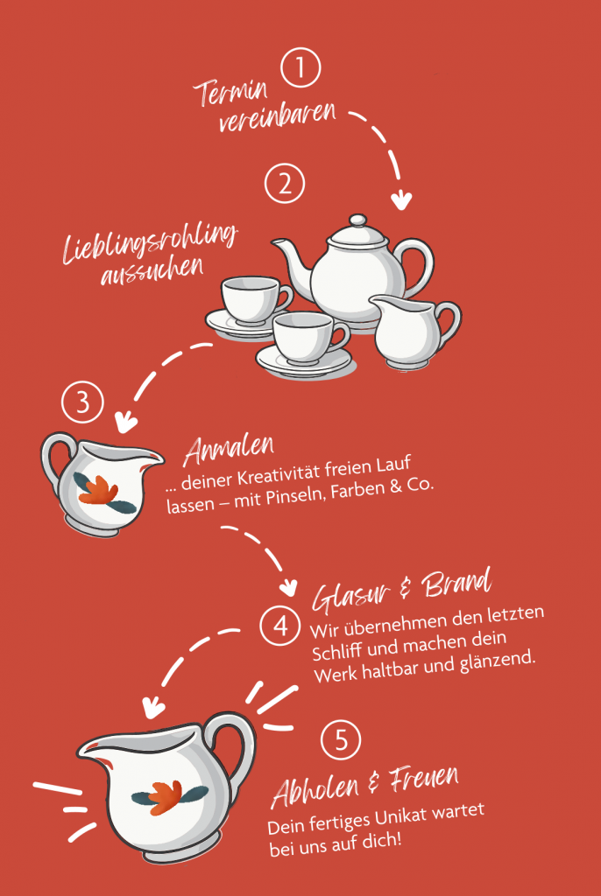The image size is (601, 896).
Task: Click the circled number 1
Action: tap(300, 67)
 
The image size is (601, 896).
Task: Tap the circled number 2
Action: tap(285, 184)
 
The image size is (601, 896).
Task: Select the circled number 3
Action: tap(82, 402)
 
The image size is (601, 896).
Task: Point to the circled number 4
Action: tap(279, 626)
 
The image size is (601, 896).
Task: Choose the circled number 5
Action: tap(341, 739)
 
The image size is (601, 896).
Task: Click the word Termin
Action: tap(230, 92)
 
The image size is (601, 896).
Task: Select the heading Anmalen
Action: tap(229, 450)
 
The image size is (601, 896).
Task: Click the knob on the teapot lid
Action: tap(357, 220)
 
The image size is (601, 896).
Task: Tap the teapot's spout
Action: tap(292, 261)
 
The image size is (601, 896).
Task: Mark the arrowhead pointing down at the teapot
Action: tap(401, 200)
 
